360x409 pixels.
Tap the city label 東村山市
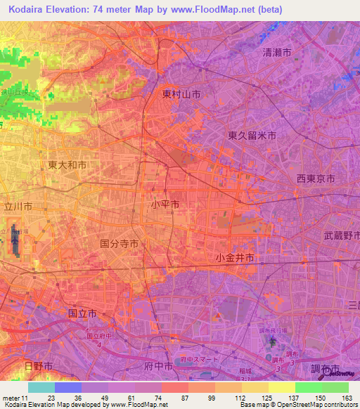click(181, 93)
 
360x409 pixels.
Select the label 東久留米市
click(252, 135)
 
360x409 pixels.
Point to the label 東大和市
click(67, 165)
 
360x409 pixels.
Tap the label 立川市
click(19, 207)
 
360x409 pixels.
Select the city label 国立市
click(82, 313)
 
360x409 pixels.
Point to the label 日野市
click(39, 366)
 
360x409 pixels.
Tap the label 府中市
click(158, 366)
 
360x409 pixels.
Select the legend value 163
click(347, 398)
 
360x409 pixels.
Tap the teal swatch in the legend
click(41, 387)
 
